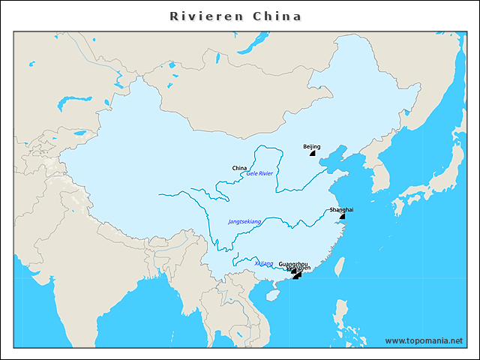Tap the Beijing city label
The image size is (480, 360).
311,146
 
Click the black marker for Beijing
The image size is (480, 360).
313,153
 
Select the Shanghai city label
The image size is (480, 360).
341,210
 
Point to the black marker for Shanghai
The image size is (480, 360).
342,216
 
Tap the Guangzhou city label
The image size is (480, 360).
292,264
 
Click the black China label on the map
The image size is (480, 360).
239,167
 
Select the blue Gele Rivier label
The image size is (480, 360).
259,173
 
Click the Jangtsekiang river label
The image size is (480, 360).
244,222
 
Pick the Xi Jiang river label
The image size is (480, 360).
263,264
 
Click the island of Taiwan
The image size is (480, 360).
339,265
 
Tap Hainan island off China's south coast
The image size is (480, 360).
271,295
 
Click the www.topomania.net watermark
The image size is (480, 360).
424,340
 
